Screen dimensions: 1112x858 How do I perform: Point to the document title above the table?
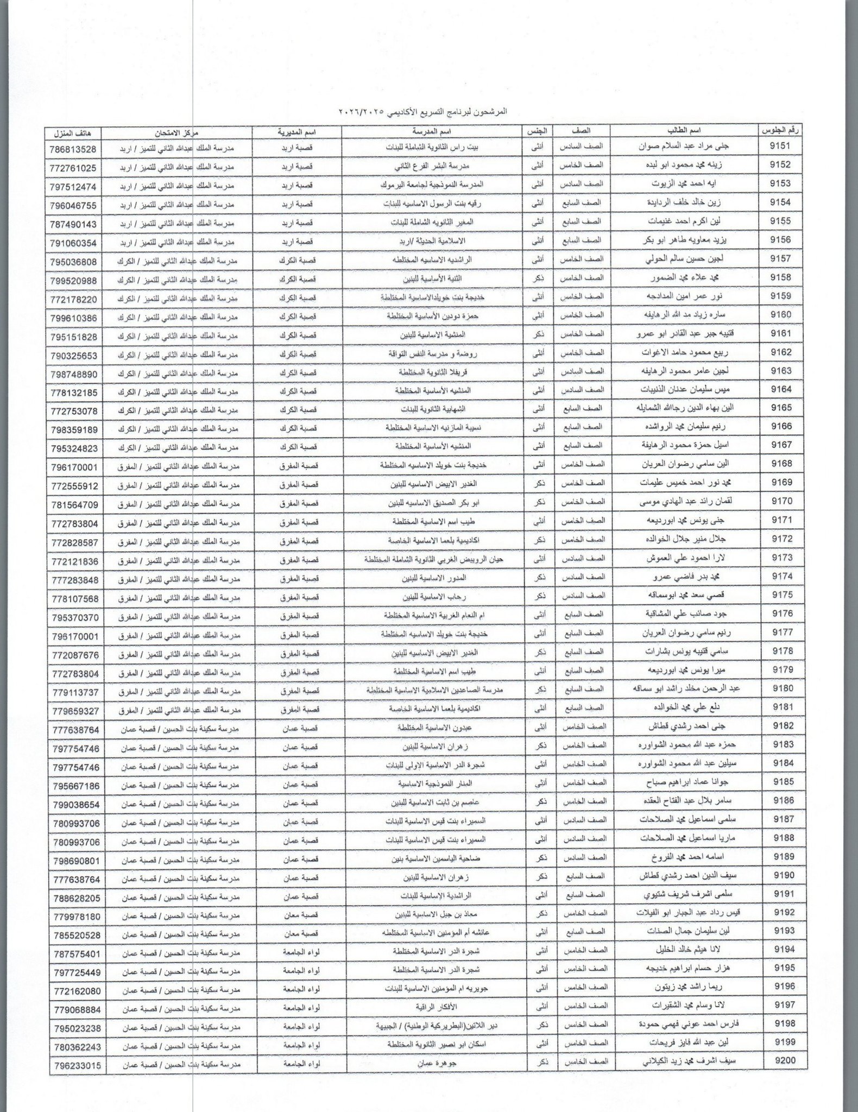(x=428, y=112)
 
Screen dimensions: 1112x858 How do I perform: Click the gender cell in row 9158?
(x=538, y=277)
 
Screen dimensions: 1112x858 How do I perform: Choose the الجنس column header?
(x=537, y=131)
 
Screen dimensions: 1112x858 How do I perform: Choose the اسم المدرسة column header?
(x=430, y=131)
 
